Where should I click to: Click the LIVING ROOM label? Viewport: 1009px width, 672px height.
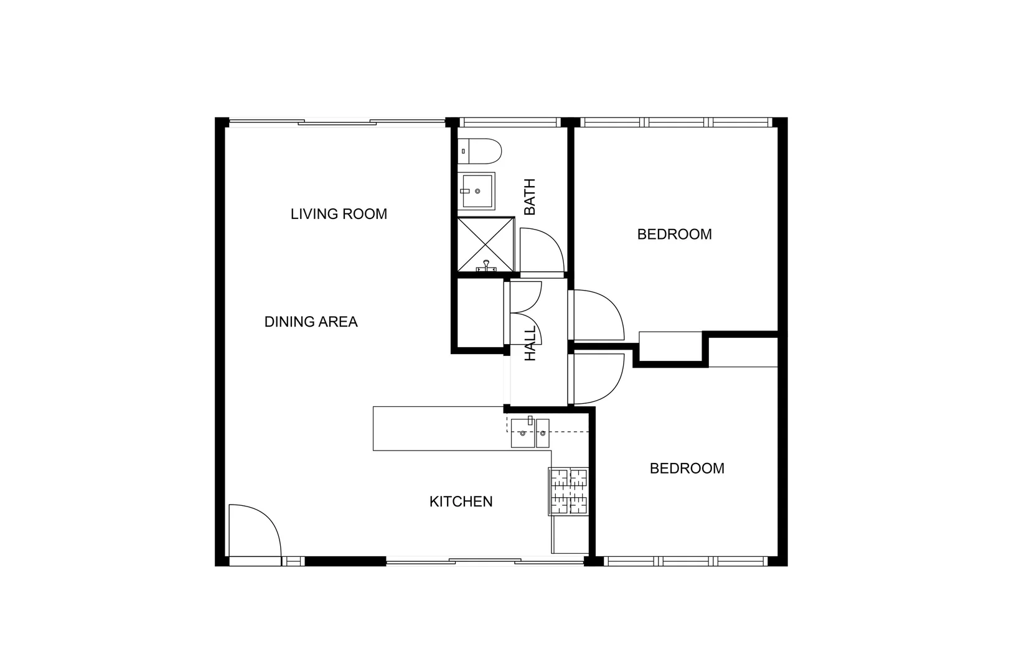pos(339,214)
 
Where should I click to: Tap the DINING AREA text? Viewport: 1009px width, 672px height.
pos(311,322)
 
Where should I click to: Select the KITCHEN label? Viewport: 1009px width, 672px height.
pos(461,502)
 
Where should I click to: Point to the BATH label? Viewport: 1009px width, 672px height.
pos(530,197)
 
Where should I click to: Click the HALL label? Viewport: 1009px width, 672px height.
pos(530,344)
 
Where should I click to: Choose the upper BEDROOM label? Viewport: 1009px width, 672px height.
pos(674,235)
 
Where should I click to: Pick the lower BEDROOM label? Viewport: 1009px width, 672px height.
pos(687,469)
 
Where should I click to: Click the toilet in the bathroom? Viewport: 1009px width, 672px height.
pos(480,151)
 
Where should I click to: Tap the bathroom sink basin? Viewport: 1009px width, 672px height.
pos(477,191)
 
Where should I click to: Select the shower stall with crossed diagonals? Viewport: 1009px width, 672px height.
pos(486,245)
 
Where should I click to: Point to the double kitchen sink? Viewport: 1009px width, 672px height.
pos(530,433)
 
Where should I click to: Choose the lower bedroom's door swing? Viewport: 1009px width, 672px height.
pos(596,378)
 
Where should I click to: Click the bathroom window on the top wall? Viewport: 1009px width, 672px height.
pos(510,123)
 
